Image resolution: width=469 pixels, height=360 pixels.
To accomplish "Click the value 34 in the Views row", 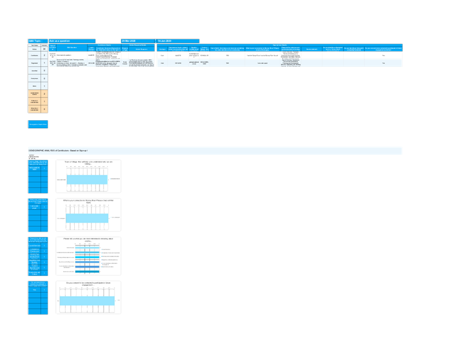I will (44, 49).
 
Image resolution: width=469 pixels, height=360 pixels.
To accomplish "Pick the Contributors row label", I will (35, 55).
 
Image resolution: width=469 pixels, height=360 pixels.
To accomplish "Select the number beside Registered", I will (44, 63).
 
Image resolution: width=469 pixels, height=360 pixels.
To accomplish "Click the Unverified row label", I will (35, 70).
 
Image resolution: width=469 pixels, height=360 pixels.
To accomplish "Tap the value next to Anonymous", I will (44, 78).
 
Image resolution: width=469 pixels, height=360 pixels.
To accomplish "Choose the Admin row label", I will (35, 86).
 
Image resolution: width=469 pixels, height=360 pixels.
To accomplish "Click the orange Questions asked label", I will (35, 93).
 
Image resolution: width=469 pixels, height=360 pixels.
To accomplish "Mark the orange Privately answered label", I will (35, 101).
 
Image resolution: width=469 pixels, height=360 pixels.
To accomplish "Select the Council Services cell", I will (35, 245).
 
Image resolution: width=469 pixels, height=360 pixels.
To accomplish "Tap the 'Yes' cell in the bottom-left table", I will (35, 290).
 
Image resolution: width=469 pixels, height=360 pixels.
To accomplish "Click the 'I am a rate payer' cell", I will (35, 206).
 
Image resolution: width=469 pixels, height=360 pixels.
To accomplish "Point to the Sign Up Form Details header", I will (280, 44).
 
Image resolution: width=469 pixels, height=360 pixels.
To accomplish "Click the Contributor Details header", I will (104, 44).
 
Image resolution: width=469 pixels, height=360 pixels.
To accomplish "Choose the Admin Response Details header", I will (138, 44).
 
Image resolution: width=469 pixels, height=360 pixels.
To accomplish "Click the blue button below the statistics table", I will (38, 124).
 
